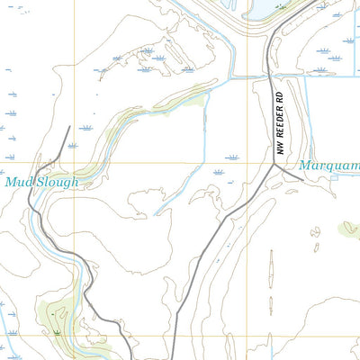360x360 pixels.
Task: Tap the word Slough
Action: [x=57, y=182]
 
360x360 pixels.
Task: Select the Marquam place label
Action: [x=328, y=166]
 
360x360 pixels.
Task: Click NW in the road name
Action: [x=280, y=146]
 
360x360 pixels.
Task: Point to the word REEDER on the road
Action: [x=280, y=120]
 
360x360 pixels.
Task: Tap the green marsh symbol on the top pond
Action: [x=281, y=6]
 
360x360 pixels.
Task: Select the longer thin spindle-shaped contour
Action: [x=271, y=279]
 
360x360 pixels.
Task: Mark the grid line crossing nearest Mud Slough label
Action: [x=71, y=162]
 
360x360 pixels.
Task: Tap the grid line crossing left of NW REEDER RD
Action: [x=248, y=162]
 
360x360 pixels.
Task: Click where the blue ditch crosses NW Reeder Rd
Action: [x=269, y=77]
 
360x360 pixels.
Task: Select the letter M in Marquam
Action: [x=305, y=166]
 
